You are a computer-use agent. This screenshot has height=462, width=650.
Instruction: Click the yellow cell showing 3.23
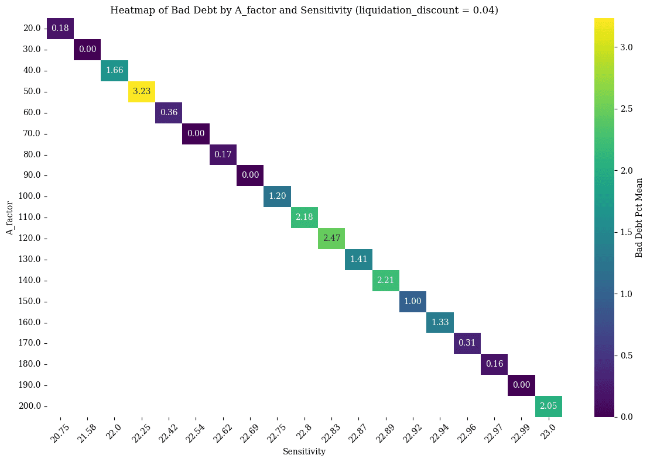point(142,92)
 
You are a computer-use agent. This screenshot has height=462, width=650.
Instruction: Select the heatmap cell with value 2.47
point(331,239)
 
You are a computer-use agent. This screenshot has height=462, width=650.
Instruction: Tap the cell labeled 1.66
point(115,71)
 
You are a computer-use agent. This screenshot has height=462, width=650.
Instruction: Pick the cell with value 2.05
point(549,406)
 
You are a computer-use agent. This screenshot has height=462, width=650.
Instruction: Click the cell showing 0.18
point(60,29)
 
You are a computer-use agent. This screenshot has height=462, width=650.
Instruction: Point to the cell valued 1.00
point(413,302)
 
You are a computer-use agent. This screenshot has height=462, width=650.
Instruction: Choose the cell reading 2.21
point(386,281)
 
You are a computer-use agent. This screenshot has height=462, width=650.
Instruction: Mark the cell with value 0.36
point(169,113)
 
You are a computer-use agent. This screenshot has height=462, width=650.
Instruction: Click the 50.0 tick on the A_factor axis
point(30,92)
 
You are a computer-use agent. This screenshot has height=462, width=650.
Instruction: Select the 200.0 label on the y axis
point(29,406)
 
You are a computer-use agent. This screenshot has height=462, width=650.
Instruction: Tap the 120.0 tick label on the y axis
point(29,239)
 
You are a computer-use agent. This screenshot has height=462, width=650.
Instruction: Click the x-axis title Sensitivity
point(304,451)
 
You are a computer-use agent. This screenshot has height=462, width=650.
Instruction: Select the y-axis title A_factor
point(10,218)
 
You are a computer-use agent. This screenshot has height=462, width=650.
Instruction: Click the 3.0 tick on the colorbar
point(627,47)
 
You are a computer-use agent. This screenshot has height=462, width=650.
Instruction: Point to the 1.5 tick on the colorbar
point(627,232)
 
